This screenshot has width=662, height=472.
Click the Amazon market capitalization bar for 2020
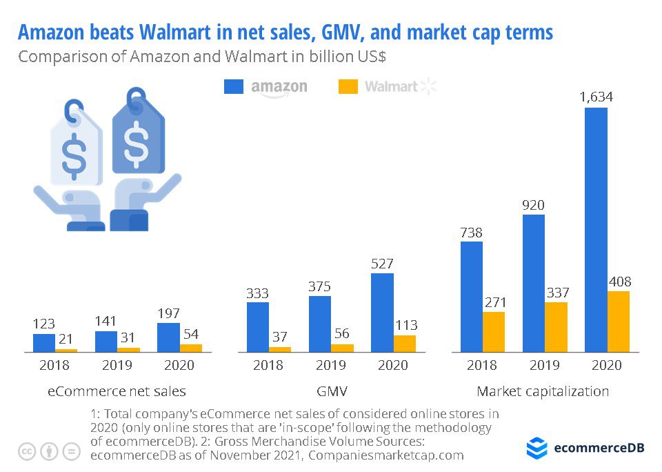coord(596,230)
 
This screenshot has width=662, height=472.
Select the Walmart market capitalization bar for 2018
coord(494,332)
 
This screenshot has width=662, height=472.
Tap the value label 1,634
coord(596,97)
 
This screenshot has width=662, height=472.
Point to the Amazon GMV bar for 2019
coord(320,324)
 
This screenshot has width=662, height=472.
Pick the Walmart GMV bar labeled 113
coord(405,344)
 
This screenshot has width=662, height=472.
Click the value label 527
coord(382,263)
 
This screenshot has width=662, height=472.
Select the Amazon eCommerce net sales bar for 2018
coord(44,343)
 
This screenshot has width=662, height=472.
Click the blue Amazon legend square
coord(234,87)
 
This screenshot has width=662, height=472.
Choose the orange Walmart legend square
coord(348,87)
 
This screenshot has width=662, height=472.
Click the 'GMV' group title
coord(331,391)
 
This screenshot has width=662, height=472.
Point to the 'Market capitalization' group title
coord(543,391)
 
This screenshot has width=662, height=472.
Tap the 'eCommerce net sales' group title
coord(117,391)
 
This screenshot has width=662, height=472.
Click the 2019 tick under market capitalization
coord(544,365)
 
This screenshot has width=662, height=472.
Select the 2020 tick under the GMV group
coord(393,365)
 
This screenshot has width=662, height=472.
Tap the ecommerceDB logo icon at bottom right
coord(537,448)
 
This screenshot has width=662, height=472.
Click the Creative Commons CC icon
coord(27,451)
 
